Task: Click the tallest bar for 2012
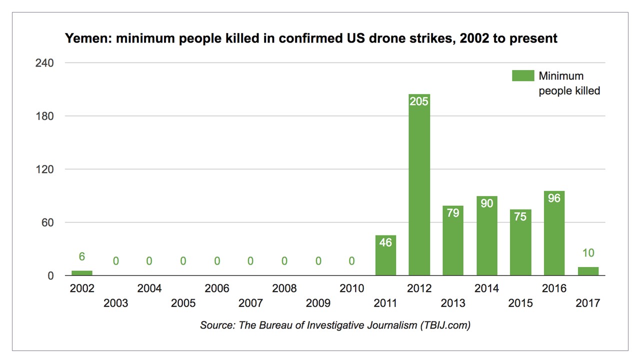point(419,185)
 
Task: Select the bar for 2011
point(385,255)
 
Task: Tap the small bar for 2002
point(82,273)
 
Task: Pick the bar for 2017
point(588,271)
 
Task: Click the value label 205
point(419,101)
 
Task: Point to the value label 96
point(554,198)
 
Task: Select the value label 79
point(453,213)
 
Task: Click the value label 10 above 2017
point(588,253)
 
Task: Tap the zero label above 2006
point(217,261)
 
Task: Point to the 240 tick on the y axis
point(44,63)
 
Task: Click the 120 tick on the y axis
point(44,169)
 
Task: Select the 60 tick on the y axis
point(47,222)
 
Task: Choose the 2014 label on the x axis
point(486,288)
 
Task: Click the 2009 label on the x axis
point(318,303)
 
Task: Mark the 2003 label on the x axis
point(115,303)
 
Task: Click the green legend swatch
point(522,76)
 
